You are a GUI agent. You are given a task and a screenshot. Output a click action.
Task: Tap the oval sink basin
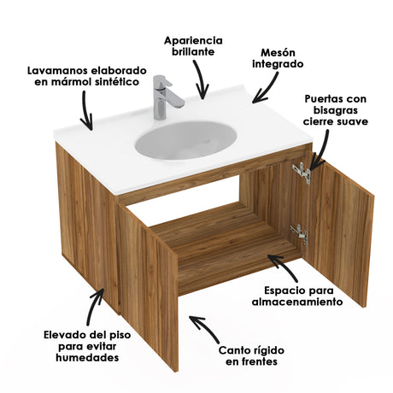point(185,139)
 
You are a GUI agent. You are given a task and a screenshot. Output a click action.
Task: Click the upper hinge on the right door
point(300,172)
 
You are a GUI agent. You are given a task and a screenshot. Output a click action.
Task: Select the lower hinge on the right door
point(298,232)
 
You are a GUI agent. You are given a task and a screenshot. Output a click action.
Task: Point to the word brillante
point(194,52)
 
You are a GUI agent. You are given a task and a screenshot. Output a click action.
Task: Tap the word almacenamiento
point(296,302)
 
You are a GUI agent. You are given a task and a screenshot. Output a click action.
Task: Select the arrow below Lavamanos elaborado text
point(85,111)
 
